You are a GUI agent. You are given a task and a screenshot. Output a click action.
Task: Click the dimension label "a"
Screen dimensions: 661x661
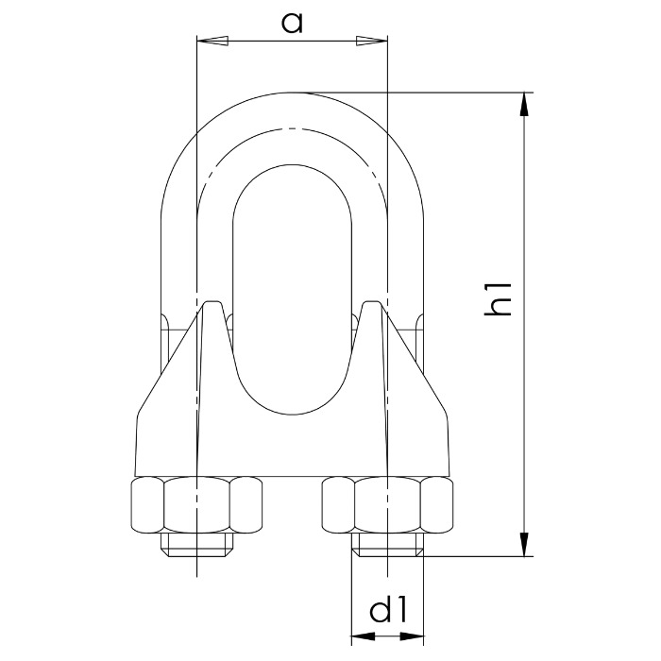293,22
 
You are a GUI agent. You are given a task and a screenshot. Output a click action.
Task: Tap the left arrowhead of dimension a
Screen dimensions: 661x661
212,41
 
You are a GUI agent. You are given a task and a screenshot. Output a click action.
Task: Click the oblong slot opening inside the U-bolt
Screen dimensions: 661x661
292,283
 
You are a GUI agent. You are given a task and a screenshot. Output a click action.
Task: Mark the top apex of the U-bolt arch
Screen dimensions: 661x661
292,93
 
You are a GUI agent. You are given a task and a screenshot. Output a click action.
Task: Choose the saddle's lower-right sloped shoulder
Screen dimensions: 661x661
421,387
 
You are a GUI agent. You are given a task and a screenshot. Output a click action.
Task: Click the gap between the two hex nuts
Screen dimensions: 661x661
292,504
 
